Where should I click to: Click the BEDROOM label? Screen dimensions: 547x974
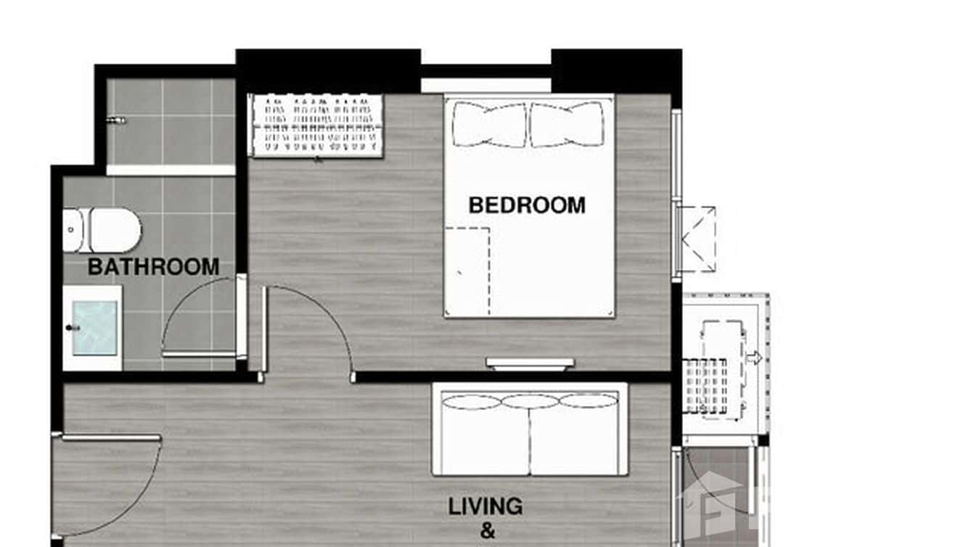(527, 205)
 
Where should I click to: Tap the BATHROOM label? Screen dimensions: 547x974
(153, 266)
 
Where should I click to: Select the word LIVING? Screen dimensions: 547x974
(485, 506)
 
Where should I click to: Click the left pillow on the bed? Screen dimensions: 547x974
(489, 124)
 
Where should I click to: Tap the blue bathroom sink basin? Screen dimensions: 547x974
(95, 329)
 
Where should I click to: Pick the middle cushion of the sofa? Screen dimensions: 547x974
(530, 401)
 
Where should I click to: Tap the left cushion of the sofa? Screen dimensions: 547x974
(472, 402)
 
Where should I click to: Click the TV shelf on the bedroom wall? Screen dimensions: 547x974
(530, 363)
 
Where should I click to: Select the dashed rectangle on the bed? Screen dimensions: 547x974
(467, 271)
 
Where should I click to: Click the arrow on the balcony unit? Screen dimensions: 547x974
(754, 358)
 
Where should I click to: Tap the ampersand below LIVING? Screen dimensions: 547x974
(488, 532)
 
